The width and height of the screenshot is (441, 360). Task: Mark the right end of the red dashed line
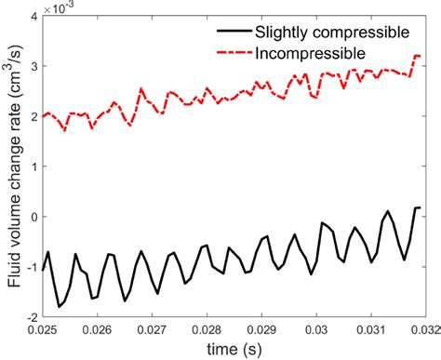coord(420,57)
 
